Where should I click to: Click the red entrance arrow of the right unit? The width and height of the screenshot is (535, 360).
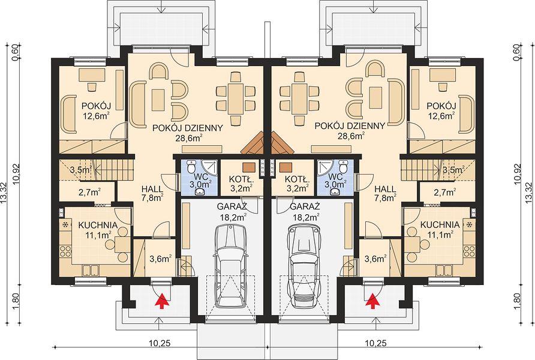373,300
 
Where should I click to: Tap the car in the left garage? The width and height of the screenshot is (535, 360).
231,266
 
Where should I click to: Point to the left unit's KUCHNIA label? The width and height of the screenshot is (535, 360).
98,225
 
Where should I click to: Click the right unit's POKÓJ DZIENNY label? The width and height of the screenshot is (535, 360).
350,126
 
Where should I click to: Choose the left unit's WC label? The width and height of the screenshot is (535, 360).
199,177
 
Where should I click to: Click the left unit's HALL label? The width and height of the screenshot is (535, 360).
152,189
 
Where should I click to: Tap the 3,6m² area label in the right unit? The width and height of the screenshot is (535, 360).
375,259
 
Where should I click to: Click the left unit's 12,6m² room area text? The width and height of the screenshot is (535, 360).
95,115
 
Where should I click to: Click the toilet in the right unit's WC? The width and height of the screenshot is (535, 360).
343,166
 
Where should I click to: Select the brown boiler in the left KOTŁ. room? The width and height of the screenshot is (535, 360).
249,167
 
